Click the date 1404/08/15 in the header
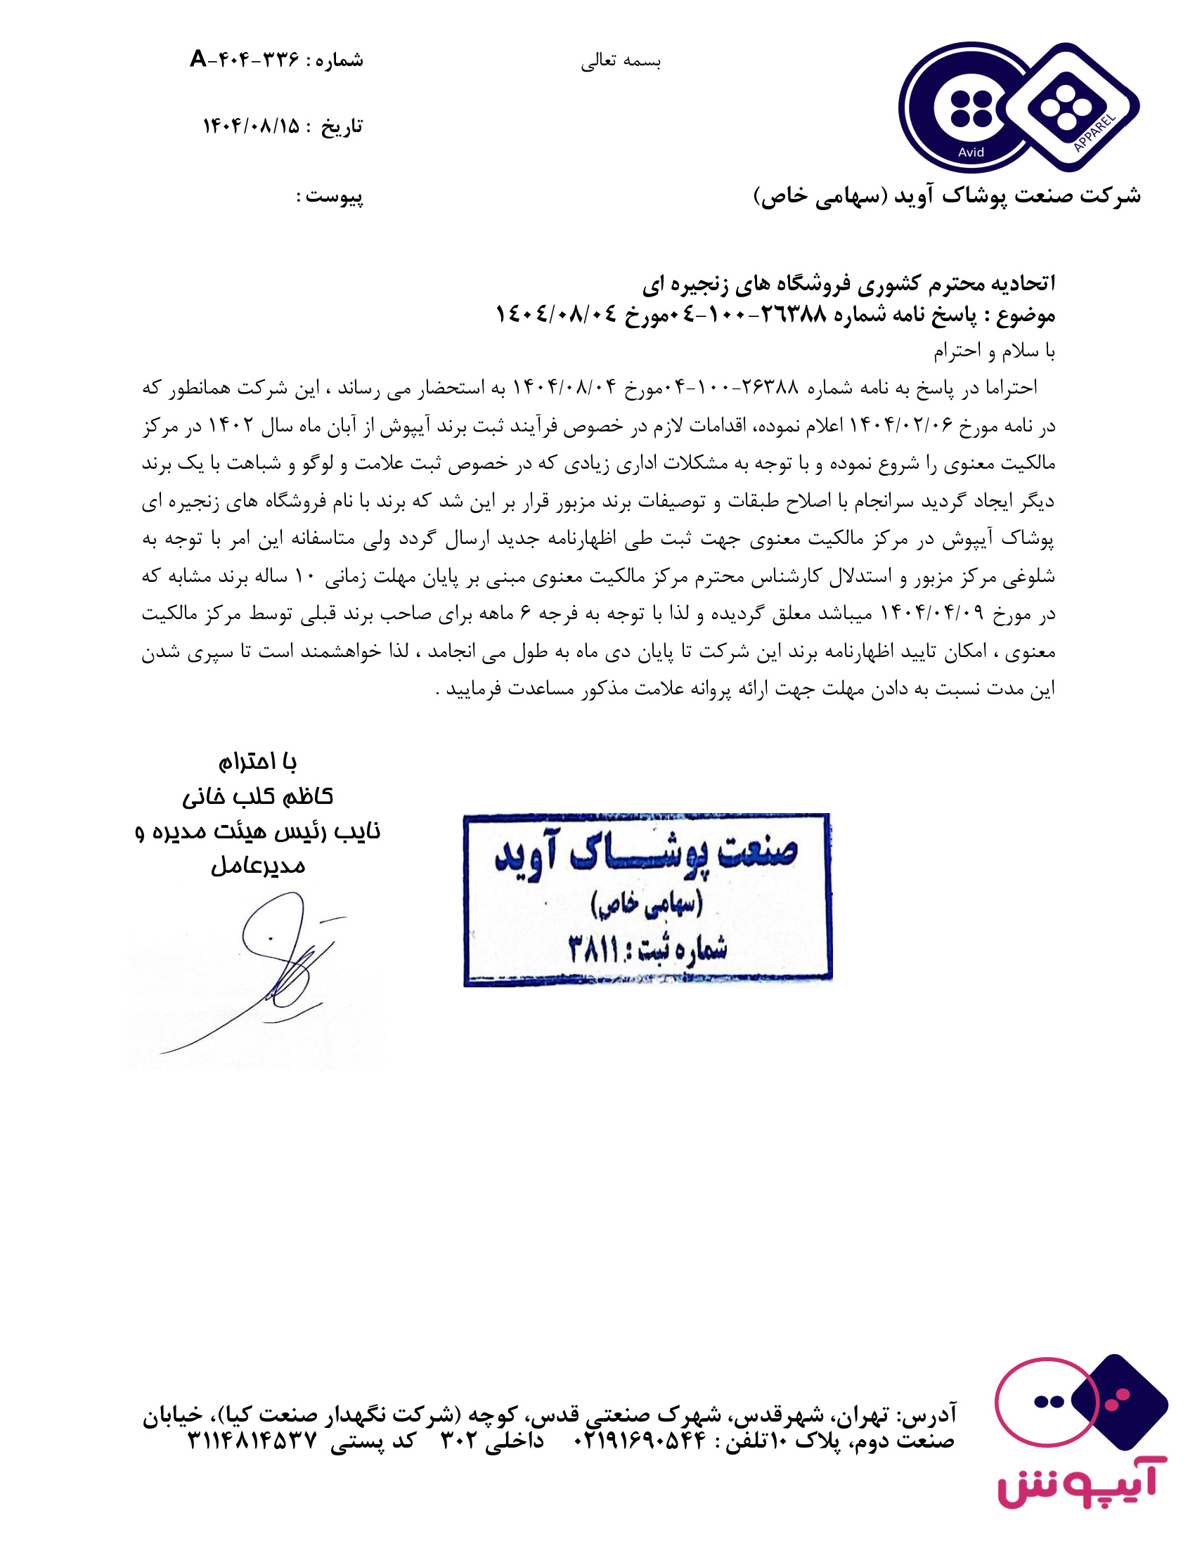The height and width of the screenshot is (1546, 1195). pos(252,126)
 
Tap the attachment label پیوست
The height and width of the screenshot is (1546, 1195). pos(335,196)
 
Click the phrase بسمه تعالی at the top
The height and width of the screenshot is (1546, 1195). pos(621,63)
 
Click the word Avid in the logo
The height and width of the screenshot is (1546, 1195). pos(971,152)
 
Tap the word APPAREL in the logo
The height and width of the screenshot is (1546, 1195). pos(1094,132)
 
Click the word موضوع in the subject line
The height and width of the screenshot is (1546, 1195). pos(1026,314)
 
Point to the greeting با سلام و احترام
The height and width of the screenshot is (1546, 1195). pos(993,351)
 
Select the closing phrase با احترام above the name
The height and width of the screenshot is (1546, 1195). pos(257,762)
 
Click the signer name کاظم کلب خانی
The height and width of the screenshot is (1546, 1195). pos(258,797)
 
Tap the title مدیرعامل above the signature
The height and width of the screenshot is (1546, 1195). pos(259,866)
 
